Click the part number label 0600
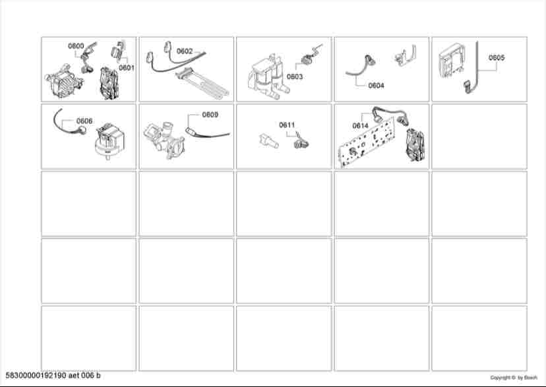pos(76,46)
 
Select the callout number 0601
pos(127,68)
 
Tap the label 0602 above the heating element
pos(185,51)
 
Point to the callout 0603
pos(295,76)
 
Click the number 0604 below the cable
pos(376,85)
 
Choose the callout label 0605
pos(497,57)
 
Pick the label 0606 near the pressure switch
pos(84,121)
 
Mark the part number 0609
pos(210,115)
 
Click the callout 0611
pos(287,125)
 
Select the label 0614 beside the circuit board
pos(361,126)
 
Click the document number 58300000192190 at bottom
pos(36,376)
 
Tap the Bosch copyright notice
pos(514,377)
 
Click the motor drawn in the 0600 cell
pos(63,80)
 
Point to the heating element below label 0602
pos(202,82)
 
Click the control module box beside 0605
pos(451,61)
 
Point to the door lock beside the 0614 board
pos(415,146)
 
